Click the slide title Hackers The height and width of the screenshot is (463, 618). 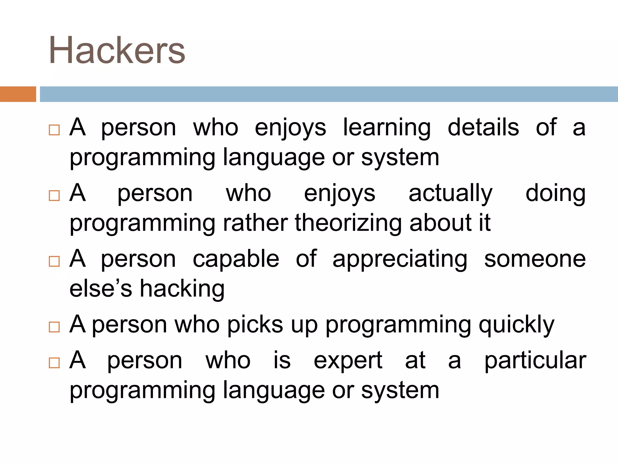tap(117, 50)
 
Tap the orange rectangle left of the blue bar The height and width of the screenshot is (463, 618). tap(18, 94)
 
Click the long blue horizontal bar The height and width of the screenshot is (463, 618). tap(328, 94)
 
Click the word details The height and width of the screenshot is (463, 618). tap(483, 128)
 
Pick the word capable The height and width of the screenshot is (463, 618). tap(236, 260)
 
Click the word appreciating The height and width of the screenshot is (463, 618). tap(400, 260)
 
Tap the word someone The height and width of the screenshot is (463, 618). tap(535, 259)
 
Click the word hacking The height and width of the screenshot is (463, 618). tap(182, 289)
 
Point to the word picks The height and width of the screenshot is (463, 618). tap(255, 325)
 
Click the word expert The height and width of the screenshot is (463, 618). tap(348, 361)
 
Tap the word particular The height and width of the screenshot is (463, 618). tap(535, 361)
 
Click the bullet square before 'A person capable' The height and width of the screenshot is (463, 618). tap(54, 261)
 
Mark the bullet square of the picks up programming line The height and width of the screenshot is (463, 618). tap(54, 327)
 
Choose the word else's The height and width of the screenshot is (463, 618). tap(100, 289)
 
